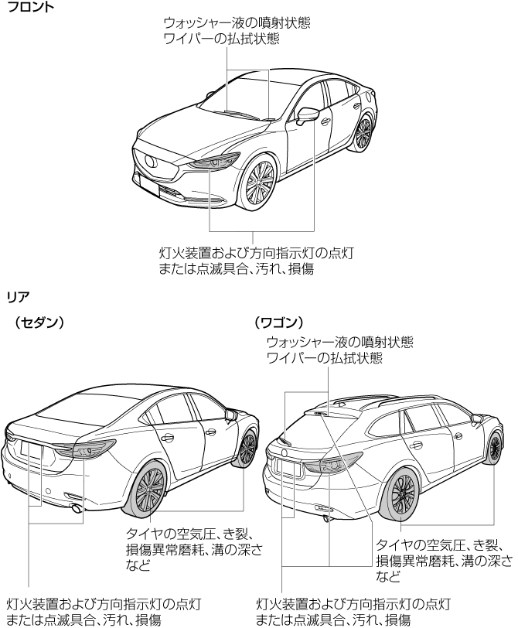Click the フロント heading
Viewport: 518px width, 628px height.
(26, 7)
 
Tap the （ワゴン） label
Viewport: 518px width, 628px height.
(278, 321)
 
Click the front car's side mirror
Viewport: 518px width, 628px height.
(307, 115)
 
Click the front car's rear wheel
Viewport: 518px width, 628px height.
(363, 131)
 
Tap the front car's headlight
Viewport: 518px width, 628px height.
(216, 162)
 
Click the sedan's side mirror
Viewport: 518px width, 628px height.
(230, 415)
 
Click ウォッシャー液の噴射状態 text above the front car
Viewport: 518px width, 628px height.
(237, 23)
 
